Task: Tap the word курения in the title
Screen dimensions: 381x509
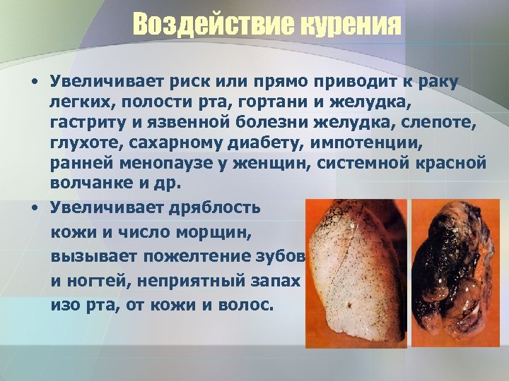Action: [348, 26]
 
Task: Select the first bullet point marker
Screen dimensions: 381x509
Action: [33, 85]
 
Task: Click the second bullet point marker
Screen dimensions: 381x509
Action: [33, 208]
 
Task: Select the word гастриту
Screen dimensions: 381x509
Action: [90, 123]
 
